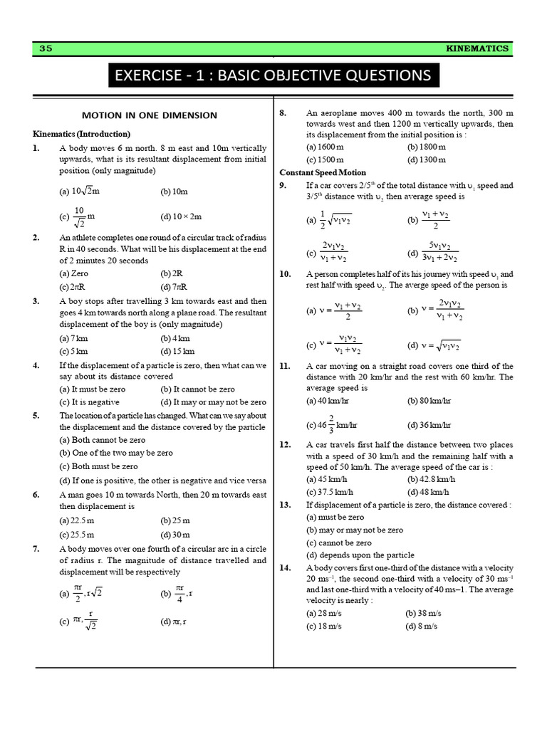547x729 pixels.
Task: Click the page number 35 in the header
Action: pyautogui.click(x=46, y=48)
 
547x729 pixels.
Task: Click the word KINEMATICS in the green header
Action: pyautogui.click(x=477, y=48)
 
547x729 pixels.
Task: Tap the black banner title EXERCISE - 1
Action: pyautogui.click(x=273, y=75)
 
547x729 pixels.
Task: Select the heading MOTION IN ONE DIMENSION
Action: pyautogui.click(x=149, y=115)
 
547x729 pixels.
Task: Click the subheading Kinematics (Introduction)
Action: pyautogui.click(x=81, y=133)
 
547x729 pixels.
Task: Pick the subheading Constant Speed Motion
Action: pyautogui.click(x=323, y=172)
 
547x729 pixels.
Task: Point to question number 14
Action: pyautogui.click(x=285, y=567)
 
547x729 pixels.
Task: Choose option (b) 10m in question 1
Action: pyautogui.click(x=174, y=192)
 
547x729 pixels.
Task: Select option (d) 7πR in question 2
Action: pyautogui.click(x=174, y=287)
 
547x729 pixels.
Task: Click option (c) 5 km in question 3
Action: pyautogui.click(x=74, y=351)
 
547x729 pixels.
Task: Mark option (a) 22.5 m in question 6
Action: pyautogui.click(x=77, y=520)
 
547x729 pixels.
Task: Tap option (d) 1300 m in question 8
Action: pyautogui.click(x=427, y=159)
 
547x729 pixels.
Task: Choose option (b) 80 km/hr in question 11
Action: pyautogui.click(x=429, y=401)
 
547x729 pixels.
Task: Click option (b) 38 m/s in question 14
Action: pyautogui.click(x=424, y=613)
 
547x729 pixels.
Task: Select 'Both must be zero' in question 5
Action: pyautogui.click(x=99, y=466)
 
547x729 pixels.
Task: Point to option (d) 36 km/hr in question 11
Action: pyautogui.click(x=429, y=426)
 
